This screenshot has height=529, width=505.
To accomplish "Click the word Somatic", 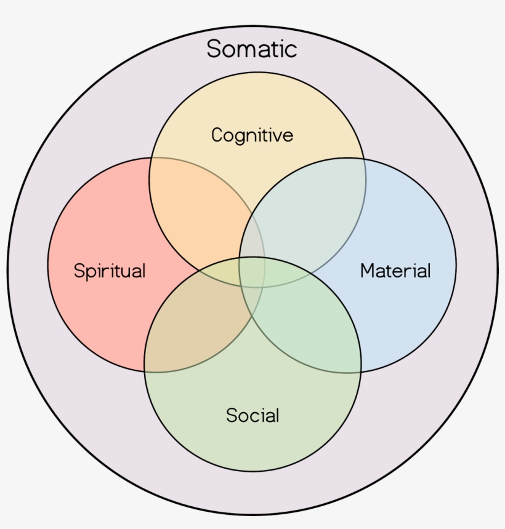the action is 252,49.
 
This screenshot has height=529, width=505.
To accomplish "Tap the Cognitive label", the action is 252,135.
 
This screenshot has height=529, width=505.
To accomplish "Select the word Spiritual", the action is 110,271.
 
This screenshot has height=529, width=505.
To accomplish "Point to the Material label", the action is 395,271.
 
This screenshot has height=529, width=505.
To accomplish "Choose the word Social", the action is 252,415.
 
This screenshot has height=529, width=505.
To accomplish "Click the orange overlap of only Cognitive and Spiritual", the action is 203,209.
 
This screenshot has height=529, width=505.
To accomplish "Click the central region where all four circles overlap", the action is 252,272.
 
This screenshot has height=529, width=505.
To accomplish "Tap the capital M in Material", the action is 368,271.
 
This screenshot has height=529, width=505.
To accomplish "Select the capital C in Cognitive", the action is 218,135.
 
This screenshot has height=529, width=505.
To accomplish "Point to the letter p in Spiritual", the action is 89,272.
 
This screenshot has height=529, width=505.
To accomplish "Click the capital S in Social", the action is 232,415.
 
